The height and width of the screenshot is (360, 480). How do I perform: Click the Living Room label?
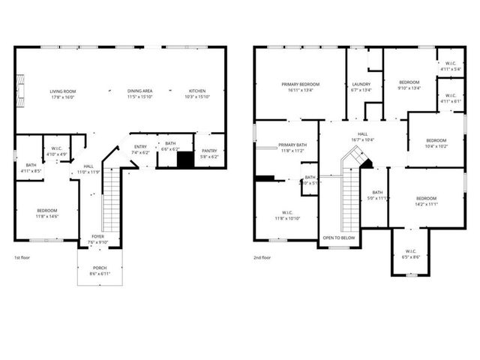point(65,91)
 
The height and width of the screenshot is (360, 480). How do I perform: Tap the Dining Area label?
point(140,91)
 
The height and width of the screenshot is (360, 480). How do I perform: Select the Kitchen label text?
point(198,91)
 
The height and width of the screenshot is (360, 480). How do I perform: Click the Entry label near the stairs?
point(140,146)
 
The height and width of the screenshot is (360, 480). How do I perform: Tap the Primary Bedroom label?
point(300,84)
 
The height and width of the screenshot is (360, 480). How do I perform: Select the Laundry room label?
point(361,84)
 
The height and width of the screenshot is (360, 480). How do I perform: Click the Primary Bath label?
point(292,145)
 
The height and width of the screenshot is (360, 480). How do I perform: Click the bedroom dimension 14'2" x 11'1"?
point(426,203)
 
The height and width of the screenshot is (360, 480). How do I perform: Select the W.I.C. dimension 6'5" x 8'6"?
point(411,256)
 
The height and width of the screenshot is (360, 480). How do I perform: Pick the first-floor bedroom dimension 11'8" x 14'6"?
point(46,216)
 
